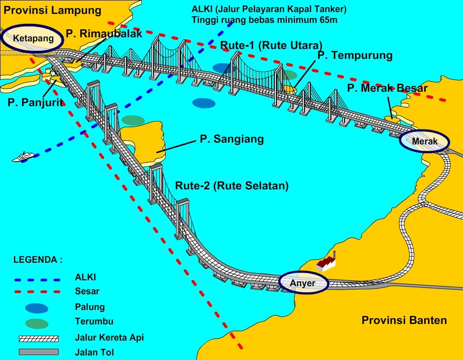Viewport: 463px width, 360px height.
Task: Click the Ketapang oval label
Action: [33, 38]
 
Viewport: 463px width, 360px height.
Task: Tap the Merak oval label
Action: [425, 141]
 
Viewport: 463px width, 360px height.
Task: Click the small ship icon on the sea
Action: [23, 157]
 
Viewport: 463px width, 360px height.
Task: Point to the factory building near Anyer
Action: [326, 263]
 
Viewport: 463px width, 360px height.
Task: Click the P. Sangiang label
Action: [231, 139]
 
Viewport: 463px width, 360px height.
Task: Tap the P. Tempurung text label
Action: [355, 55]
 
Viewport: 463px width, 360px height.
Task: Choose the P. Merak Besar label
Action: [387, 88]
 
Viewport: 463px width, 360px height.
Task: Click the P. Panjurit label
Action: [35, 103]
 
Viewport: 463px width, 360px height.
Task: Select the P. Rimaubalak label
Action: [104, 33]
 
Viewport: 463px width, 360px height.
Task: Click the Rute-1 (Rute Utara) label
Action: [272, 45]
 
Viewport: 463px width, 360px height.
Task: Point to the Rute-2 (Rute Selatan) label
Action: [231, 185]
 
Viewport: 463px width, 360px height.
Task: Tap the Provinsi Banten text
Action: [404, 320]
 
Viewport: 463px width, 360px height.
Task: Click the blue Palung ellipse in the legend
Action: [37, 308]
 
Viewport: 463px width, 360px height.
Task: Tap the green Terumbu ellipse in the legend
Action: [37, 323]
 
